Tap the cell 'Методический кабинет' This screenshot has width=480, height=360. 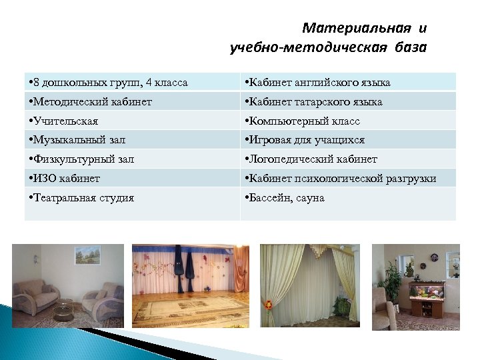coord(91,102)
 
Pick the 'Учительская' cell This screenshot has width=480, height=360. coord(65,121)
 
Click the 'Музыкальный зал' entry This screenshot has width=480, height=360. coord(78,140)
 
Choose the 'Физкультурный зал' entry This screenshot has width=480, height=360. coord(83,159)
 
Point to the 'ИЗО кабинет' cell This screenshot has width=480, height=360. coord(65,178)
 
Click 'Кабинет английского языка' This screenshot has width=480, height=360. coord(318,83)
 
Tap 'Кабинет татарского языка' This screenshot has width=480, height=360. coord(314,102)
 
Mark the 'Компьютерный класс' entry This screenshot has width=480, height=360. coord(303,121)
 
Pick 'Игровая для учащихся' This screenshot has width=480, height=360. coord(305,140)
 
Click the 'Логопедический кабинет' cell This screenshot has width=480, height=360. coord(311,159)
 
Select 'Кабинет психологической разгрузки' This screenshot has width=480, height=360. coord(341,178)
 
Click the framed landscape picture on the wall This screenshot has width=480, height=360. coord(86,255)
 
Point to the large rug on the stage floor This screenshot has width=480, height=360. coord(191,307)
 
